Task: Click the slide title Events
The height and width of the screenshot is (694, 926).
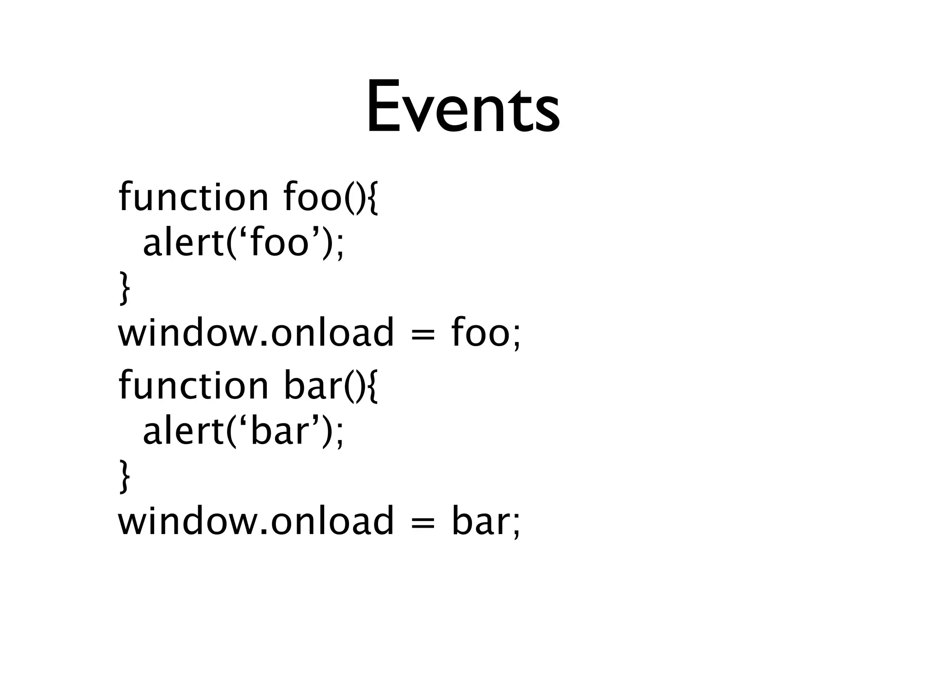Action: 463,107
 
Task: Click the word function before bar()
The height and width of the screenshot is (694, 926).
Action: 194,386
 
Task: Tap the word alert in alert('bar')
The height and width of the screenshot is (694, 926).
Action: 184,431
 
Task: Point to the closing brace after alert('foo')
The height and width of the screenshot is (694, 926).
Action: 124,289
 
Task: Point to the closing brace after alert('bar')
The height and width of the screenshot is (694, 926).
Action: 124,477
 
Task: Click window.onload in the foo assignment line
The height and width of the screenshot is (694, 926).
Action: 256,333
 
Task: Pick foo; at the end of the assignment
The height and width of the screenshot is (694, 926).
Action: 486,333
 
